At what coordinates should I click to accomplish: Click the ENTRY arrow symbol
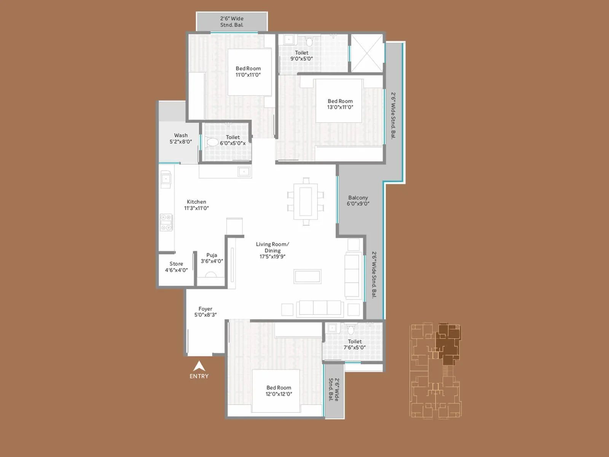[x=199, y=366]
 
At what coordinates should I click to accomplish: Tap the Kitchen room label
[x=196, y=202]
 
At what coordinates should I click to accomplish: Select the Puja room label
[x=212, y=255]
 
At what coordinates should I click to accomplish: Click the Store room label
[x=176, y=264]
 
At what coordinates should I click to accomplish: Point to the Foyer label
[x=205, y=309]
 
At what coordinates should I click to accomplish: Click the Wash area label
[x=181, y=135]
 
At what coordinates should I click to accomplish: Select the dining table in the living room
[x=306, y=201]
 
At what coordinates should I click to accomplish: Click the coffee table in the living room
[x=307, y=276]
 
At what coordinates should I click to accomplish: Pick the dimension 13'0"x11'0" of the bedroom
[x=340, y=107]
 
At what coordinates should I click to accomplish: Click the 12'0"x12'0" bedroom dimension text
[x=279, y=394]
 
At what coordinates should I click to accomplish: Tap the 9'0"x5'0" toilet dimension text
[x=301, y=59]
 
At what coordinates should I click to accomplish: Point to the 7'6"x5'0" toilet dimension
[x=354, y=347]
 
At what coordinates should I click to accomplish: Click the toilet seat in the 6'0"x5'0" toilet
[x=212, y=143]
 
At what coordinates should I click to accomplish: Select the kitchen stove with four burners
[x=166, y=222]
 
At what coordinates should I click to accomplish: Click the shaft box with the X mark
[x=367, y=53]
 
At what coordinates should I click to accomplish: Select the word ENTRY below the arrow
[x=199, y=376]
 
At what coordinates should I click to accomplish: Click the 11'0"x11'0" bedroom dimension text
[x=248, y=75]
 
